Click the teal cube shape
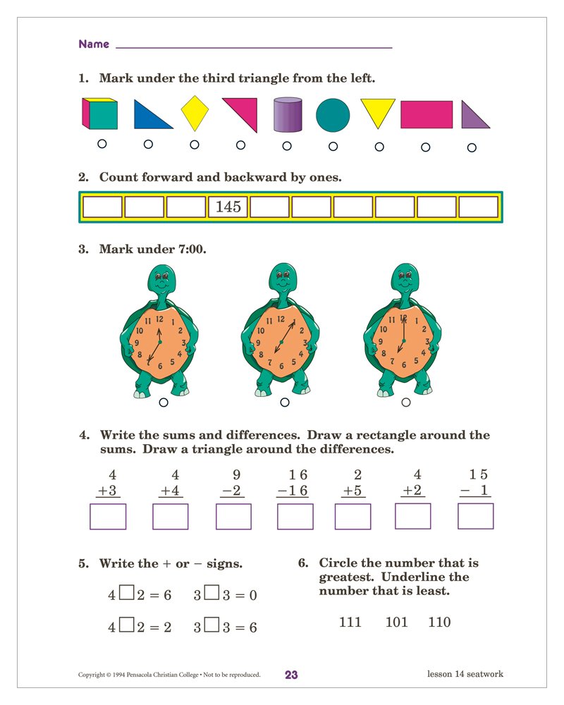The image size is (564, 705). [x=99, y=114]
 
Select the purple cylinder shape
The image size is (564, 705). [x=287, y=114]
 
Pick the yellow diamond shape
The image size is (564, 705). [x=195, y=114]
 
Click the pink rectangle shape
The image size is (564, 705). [x=426, y=114]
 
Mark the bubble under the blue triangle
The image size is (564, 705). [x=148, y=145]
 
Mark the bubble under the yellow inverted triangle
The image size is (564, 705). [x=379, y=147]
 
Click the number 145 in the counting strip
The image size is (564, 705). [x=228, y=207]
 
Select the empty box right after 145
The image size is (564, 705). [x=269, y=207]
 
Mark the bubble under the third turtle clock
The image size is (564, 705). [x=405, y=402]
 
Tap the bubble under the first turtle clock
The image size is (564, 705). [x=164, y=403]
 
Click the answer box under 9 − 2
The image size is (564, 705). [x=233, y=517]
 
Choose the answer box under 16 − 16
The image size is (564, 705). [x=295, y=517]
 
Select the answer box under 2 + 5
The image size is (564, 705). [x=352, y=517]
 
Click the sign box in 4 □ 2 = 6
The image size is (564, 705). [x=126, y=594]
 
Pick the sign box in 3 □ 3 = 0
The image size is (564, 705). [x=211, y=594]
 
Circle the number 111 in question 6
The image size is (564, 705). [x=350, y=623]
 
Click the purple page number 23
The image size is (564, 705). [x=291, y=675]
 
